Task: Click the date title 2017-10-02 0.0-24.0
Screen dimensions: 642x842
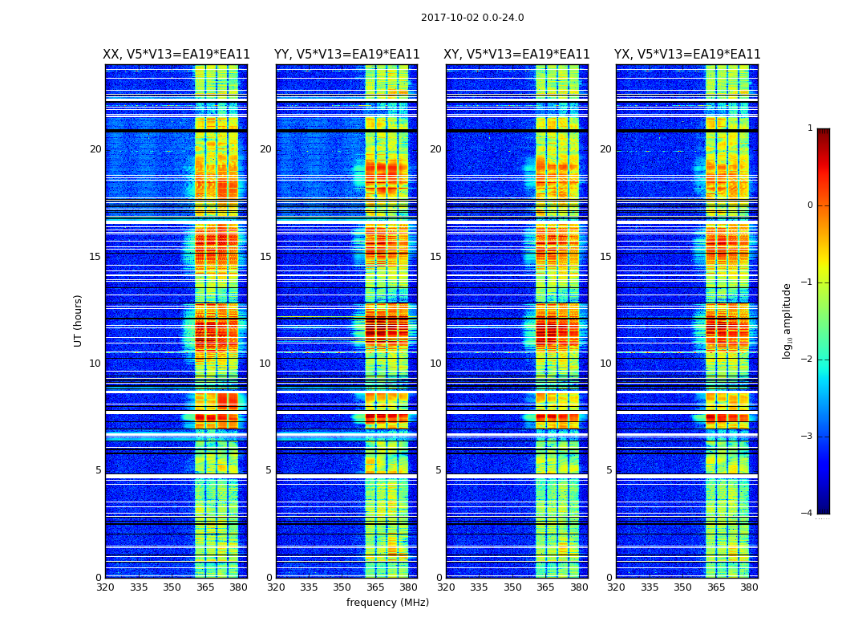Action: [472, 18]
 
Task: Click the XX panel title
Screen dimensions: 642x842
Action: [176, 55]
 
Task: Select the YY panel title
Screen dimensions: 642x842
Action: [346, 55]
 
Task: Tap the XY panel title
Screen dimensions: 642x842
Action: [516, 55]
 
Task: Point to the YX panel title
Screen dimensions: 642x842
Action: [687, 55]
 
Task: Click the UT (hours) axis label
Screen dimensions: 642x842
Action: [79, 320]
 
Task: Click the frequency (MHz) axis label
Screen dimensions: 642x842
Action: [387, 603]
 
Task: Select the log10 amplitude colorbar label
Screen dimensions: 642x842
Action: [787, 320]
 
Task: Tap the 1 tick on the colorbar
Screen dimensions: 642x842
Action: [810, 128]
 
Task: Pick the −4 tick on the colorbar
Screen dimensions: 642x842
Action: [808, 514]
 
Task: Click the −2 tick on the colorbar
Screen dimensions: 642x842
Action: [808, 360]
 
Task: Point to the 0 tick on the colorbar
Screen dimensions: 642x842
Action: [810, 205]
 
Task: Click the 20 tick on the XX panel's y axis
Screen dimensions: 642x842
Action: [95, 149]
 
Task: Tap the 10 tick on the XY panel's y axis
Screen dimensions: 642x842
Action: [435, 364]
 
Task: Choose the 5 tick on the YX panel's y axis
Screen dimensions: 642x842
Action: [609, 470]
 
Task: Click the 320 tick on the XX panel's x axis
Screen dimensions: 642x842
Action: [105, 587]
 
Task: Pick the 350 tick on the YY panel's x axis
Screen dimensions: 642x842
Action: [342, 587]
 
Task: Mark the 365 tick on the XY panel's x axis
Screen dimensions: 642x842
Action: [545, 587]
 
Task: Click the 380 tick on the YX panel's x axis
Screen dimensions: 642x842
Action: [749, 587]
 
